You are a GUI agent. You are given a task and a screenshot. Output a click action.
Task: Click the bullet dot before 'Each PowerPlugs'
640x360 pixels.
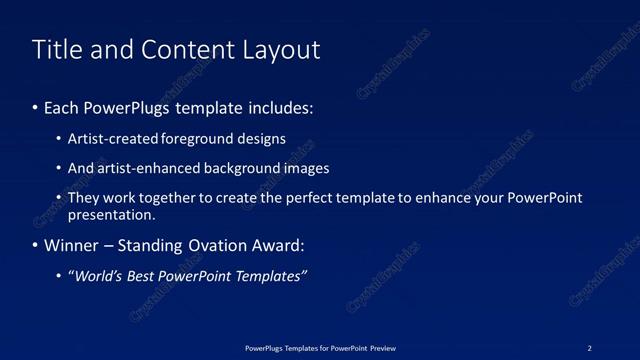tap(36, 106)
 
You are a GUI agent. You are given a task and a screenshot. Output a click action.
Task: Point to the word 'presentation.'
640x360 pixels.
tap(111, 214)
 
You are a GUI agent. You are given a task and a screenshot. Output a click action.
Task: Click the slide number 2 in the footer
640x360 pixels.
tap(589, 348)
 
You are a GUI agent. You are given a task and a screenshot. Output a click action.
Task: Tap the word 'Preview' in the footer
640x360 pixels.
tap(382, 348)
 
